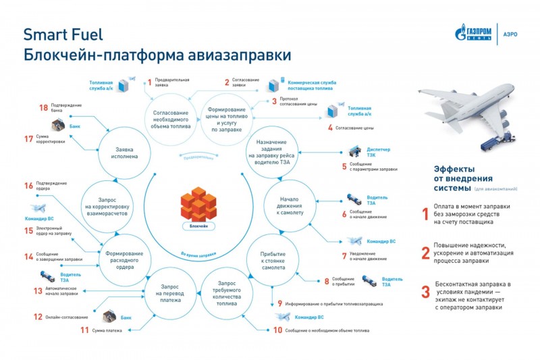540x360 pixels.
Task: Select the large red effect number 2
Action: coord(425,253)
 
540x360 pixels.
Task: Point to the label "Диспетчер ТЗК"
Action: coord(378,150)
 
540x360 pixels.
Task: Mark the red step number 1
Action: coord(150,82)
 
